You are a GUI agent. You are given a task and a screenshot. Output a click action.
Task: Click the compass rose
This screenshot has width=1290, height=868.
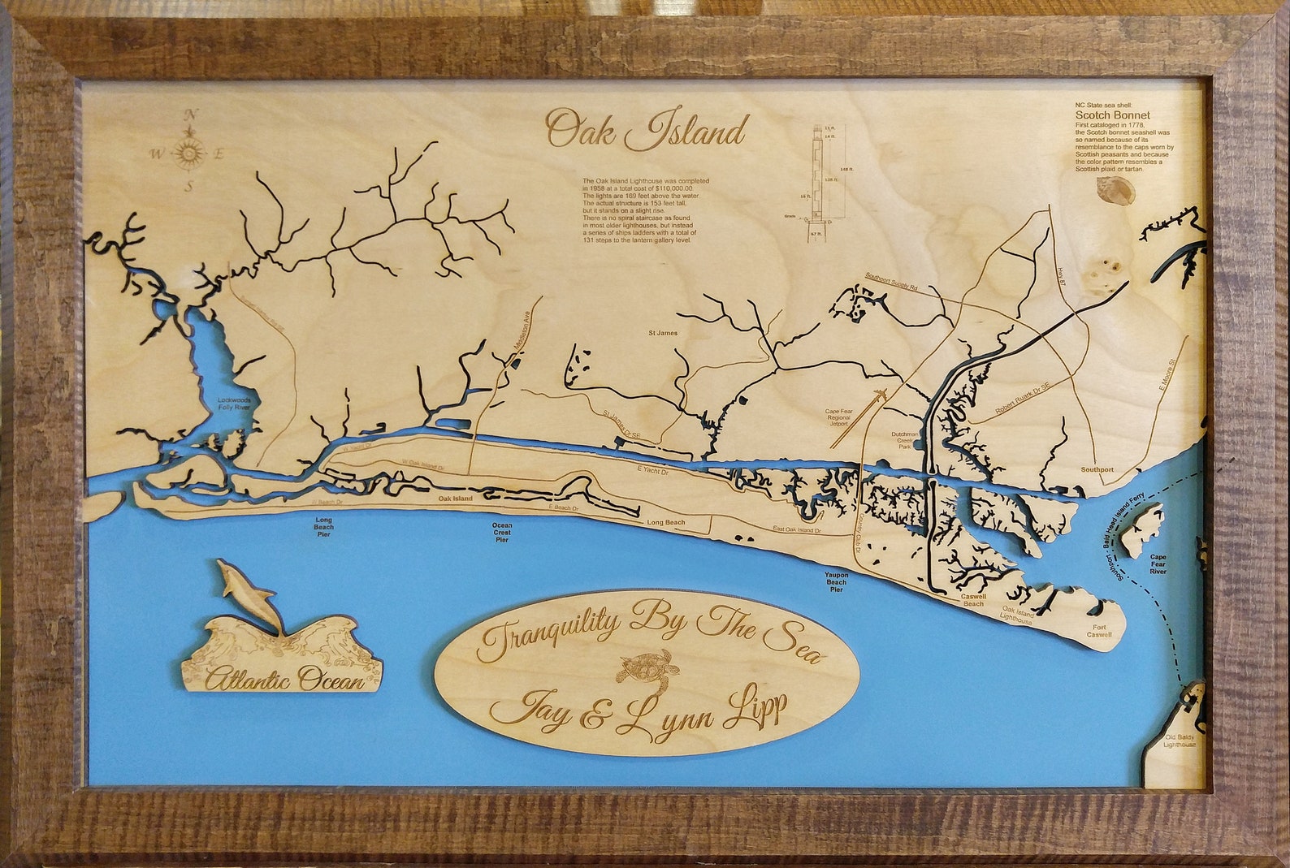coord(188,152)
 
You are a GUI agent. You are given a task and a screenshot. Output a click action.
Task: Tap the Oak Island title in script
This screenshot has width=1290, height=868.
coord(647,130)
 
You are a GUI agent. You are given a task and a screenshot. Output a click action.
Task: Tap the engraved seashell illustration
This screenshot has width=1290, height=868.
coord(1115,190)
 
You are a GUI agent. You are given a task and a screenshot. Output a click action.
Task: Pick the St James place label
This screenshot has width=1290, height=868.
coord(662,332)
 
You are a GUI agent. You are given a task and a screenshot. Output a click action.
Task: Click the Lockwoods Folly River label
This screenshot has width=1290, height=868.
coord(234,404)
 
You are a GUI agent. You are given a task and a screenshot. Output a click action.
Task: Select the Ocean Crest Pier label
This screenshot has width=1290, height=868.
coord(502,532)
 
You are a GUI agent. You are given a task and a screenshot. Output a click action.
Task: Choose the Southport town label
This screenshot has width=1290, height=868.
coord(1097,470)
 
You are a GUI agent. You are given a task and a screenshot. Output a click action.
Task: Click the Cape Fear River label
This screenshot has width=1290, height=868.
coord(1158,564)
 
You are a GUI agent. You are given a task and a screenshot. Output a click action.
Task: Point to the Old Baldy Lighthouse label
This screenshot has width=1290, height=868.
coord(1180,741)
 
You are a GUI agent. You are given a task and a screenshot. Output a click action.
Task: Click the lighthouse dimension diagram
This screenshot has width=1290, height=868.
coord(826,179)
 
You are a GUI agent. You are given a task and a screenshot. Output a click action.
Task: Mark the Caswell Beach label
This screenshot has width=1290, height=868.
coord(972,600)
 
